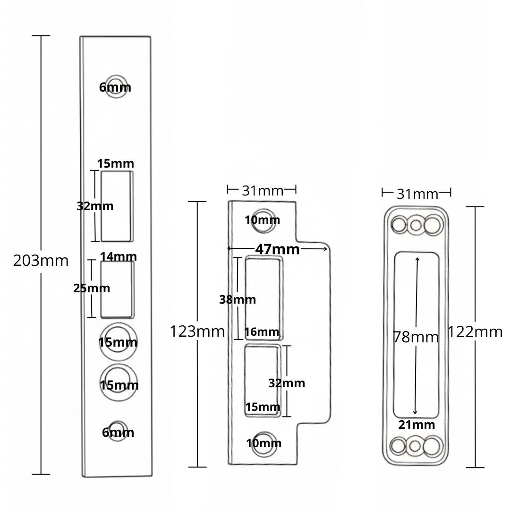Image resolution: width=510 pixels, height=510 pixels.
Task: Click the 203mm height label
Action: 41,260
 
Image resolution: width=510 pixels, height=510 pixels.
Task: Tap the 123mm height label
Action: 197,331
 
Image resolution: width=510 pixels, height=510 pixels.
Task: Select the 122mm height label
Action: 475,332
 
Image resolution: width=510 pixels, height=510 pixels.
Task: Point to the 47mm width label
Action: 277,249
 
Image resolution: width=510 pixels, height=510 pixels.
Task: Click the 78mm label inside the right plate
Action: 416,337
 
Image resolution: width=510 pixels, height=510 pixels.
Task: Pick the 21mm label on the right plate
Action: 416,425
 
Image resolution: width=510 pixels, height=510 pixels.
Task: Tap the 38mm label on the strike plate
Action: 238,299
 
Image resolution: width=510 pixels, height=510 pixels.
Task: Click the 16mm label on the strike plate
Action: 262,332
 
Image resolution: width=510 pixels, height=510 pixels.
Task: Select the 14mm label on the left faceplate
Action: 119,256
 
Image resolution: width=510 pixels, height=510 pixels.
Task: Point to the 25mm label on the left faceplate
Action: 92,288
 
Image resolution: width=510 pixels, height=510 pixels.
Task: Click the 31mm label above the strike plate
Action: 263,190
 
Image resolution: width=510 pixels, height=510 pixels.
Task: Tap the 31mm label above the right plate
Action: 417,194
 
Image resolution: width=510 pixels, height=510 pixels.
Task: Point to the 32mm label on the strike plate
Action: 287,383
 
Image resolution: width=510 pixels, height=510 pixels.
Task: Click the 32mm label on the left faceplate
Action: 95,206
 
